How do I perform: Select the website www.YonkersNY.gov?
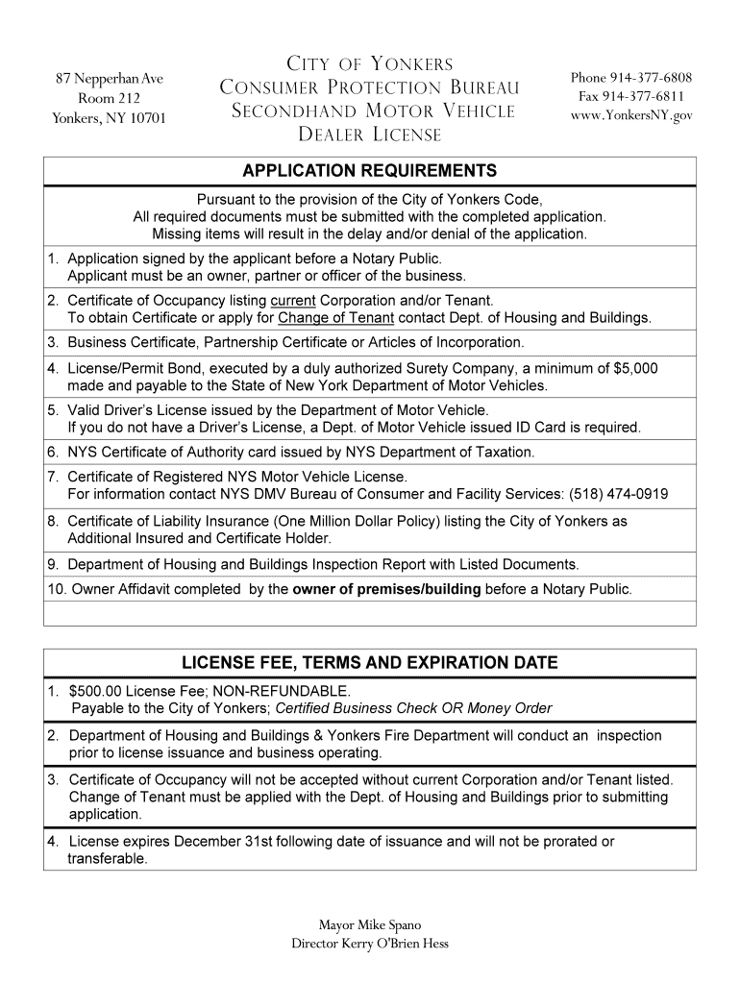630,116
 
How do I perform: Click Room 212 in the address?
108,98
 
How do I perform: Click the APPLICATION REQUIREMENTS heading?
369,171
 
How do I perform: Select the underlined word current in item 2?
293,301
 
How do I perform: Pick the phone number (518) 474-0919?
612,495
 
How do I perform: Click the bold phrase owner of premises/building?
386,589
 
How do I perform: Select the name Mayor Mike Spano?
369,925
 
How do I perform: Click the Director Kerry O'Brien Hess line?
369,944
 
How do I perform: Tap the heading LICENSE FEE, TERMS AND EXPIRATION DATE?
369,663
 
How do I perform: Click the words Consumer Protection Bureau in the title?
369,88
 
